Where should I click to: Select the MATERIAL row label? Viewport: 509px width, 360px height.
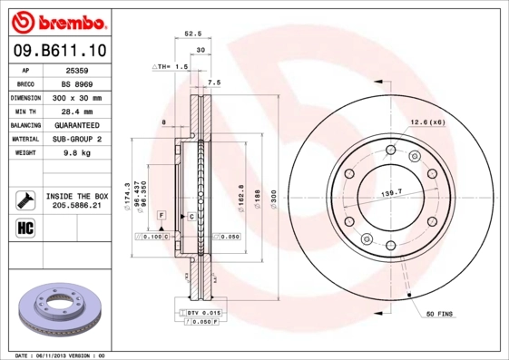[24, 139]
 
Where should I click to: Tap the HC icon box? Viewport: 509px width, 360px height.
[24, 226]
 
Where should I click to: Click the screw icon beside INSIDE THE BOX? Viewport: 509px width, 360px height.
[24, 199]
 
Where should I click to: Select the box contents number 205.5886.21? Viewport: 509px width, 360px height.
[77, 206]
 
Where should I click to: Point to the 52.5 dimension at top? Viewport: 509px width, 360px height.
[192, 34]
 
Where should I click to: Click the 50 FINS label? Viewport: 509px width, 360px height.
[441, 314]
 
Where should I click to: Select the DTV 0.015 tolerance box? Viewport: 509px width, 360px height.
[204, 311]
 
